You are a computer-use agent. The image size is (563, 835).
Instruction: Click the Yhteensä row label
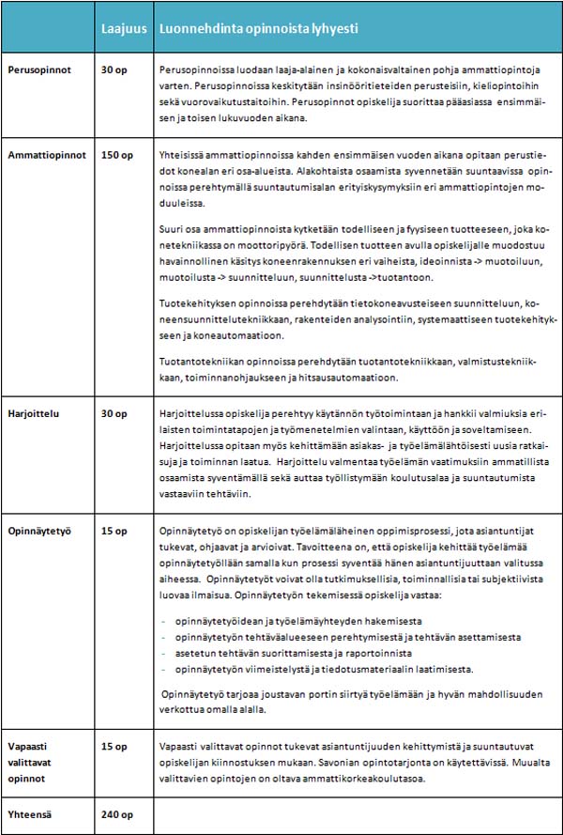pos(31,814)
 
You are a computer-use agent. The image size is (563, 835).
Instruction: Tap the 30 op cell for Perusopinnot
pos(114,70)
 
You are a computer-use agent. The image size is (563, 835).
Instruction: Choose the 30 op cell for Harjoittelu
pos(114,412)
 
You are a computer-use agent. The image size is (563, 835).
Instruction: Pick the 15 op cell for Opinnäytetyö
pos(114,532)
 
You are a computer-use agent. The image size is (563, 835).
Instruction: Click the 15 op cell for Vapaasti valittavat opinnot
pos(114,746)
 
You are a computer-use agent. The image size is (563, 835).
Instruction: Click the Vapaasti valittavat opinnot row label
pos(35,762)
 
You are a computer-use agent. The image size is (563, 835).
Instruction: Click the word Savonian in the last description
pos(342,762)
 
